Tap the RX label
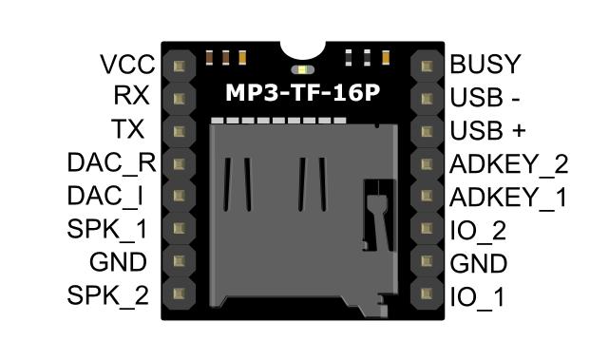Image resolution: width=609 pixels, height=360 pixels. pos(131,97)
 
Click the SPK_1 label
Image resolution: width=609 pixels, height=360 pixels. pos(108,229)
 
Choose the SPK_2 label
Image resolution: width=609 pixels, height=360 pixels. pos(108,295)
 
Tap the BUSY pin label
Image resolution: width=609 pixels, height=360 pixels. pos(485,65)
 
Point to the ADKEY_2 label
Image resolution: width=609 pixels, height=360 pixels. pos(508,163)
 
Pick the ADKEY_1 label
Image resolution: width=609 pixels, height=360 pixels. pos(508,197)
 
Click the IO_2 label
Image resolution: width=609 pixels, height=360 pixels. pos(479,229)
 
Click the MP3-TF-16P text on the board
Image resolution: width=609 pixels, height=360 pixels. pos(301,94)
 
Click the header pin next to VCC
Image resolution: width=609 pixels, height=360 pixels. pos(179,65)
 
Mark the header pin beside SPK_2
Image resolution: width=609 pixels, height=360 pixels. pos(179,295)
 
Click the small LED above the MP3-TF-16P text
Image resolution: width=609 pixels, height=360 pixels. pos(302,70)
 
